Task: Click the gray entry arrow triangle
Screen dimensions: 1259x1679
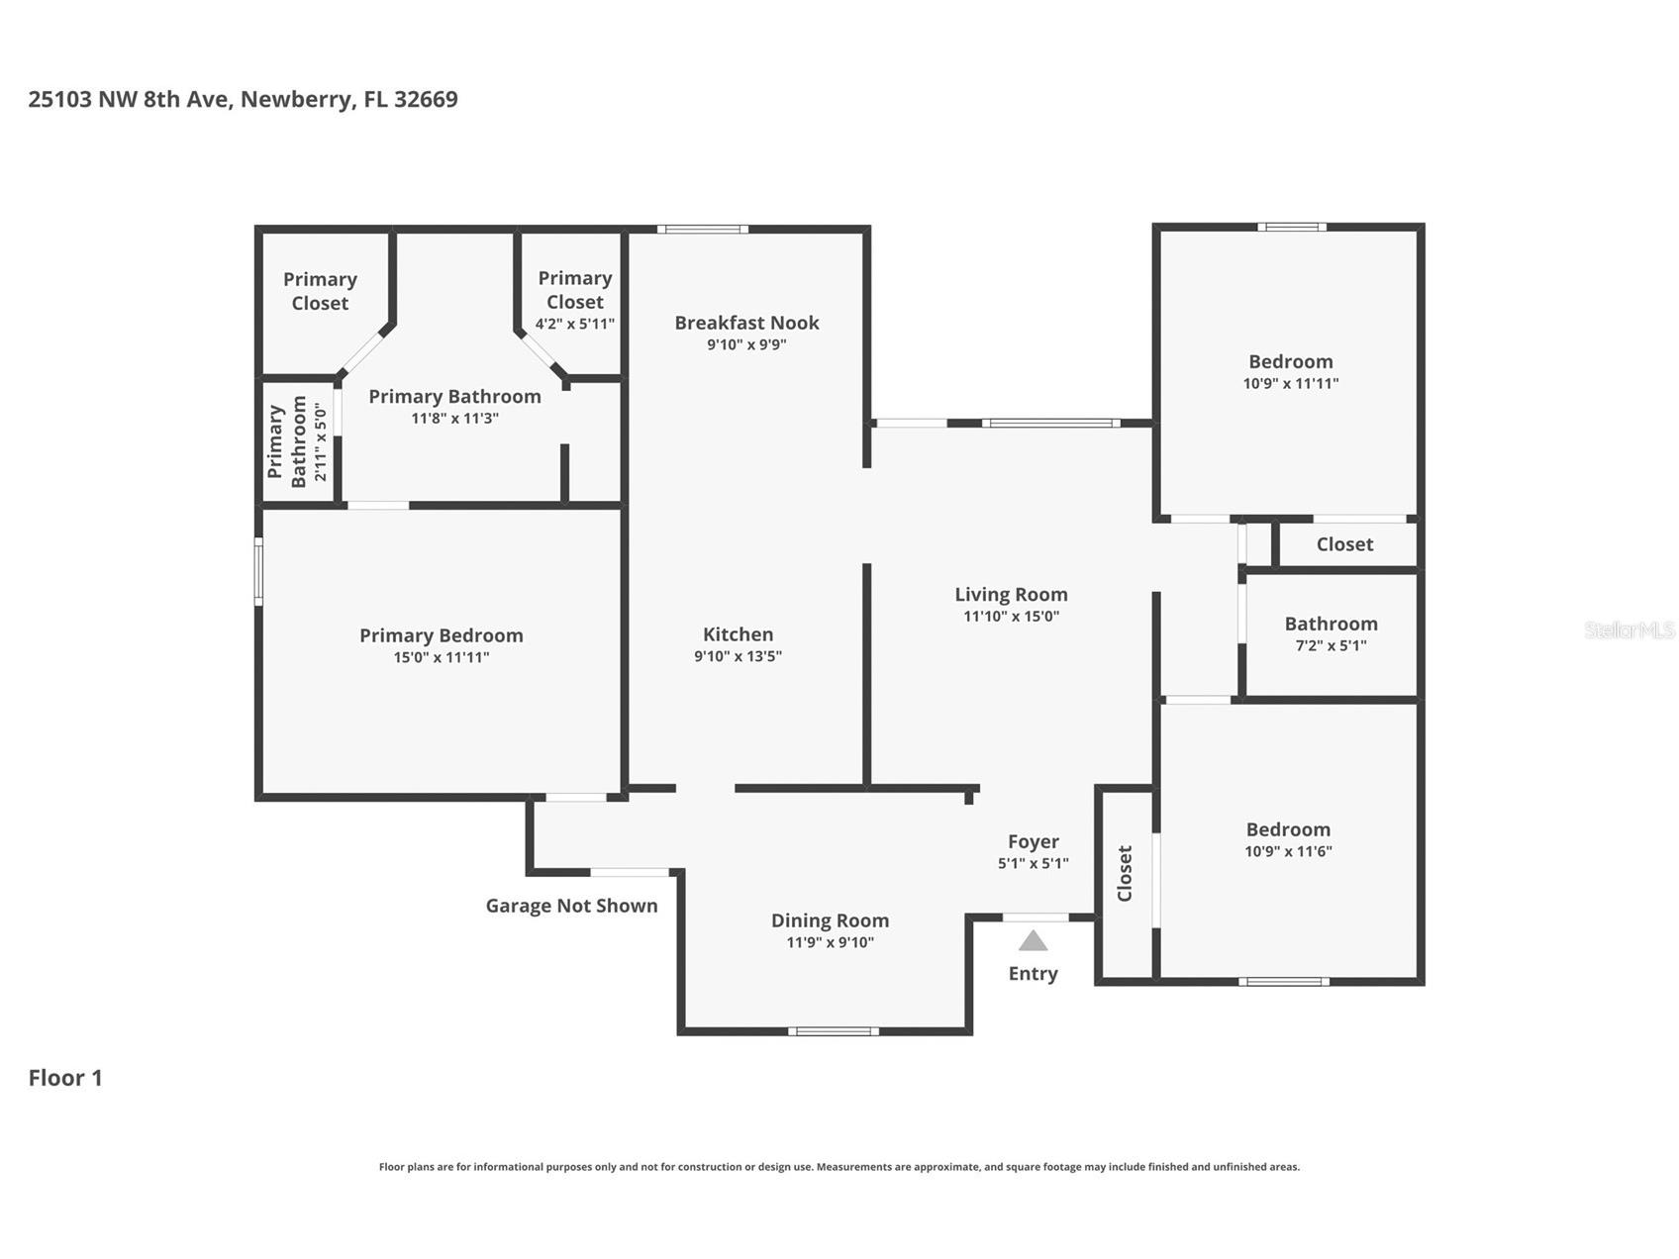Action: click(1033, 941)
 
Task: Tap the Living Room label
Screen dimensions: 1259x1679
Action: click(1011, 595)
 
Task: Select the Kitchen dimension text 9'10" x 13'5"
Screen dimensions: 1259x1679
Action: click(738, 656)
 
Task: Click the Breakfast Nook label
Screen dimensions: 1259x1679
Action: click(746, 323)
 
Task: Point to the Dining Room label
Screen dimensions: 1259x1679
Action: click(830, 920)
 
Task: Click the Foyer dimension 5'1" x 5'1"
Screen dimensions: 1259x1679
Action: click(1033, 863)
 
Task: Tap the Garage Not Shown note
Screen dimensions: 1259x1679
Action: click(571, 906)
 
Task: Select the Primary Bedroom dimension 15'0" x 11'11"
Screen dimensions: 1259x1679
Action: click(441, 657)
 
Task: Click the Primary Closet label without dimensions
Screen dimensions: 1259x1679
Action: click(320, 291)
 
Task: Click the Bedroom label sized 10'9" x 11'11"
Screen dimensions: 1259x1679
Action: click(1290, 362)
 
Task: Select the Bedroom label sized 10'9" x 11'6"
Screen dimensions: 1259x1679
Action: click(1288, 829)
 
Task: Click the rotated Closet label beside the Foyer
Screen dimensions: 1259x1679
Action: click(1125, 874)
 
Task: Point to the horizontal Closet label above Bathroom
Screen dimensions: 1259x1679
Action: click(1344, 544)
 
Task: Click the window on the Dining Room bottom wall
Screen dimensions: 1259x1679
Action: click(833, 1031)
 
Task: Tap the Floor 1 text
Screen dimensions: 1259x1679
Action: click(65, 1078)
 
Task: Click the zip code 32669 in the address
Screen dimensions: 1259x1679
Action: click(426, 99)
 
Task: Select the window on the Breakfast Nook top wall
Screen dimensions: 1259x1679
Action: click(702, 230)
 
